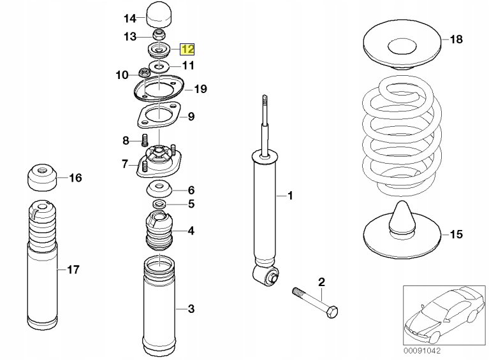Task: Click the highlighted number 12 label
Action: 188,48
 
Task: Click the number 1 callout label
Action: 290,196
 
